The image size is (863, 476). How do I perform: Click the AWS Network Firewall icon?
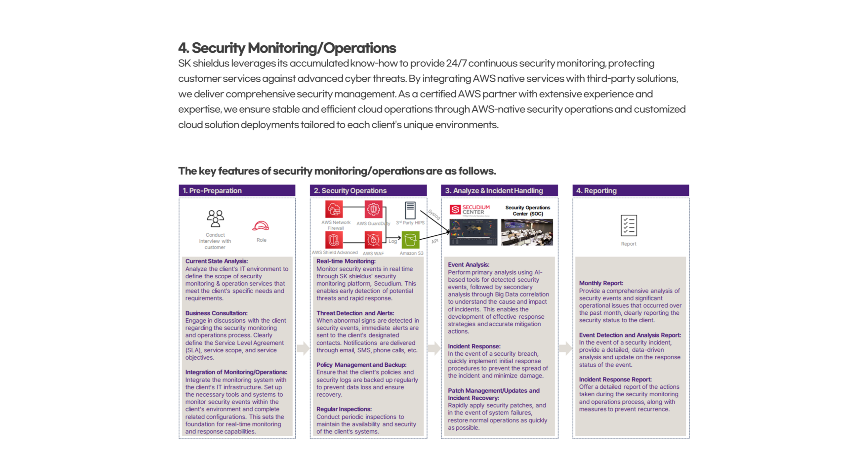click(x=334, y=209)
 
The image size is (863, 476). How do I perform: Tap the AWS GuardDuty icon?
click(x=373, y=210)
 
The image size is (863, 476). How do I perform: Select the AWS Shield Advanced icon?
click(x=334, y=240)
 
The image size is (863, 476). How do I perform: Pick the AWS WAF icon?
click(x=373, y=240)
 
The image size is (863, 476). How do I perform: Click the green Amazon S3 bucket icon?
click(x=410, y=240)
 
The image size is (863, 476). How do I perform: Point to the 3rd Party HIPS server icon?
click(x=410, y=210)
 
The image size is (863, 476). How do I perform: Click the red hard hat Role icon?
click(x=261, y=226)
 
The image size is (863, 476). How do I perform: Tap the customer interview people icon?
click(x=215, y=218)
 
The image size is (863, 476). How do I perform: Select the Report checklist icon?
click(x=629, y=225)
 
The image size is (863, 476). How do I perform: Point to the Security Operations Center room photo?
click(x=527, y=232)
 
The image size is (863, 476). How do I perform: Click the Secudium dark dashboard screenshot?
click(x=473, y=232)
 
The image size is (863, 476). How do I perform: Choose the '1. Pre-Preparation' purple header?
click(x=237, y=191)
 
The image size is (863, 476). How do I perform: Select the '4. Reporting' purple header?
click(x=631, y=191)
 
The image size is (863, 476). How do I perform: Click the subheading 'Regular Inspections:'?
click(x=344, y=409)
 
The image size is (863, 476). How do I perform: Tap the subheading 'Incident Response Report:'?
click(x=615, y=379)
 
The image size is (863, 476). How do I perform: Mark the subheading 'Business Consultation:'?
click(x=216, y=313)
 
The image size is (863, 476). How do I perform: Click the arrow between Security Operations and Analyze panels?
click(x=434, y=348)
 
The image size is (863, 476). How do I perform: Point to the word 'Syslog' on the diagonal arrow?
click(x=434, y=214)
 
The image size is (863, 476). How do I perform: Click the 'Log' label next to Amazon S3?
click(x=392, y=241)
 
